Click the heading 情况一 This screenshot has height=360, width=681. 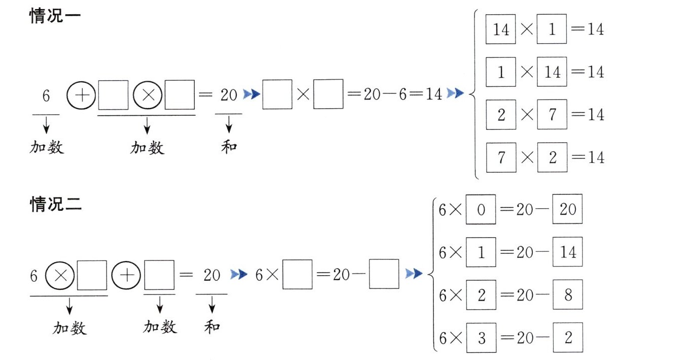tap(56, 16)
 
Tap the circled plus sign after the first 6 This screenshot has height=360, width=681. tap(81, 95)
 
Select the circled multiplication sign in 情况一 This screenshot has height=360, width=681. tap(148, 95)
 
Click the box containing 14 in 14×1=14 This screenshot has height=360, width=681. tap(501, 30)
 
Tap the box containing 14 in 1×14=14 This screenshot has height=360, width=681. tap(552, 72)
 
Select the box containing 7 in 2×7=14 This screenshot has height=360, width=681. tap(552, 115)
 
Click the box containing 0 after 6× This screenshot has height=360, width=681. tap(481, 210)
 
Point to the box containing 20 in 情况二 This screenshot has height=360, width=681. tap(567, 209)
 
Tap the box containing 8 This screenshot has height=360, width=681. tap(567, 294)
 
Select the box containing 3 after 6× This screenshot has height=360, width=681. tap(481, 338)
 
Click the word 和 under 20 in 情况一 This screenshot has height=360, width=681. tap(229, 147)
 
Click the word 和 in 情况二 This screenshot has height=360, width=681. tap(212, 327)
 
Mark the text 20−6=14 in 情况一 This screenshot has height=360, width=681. tap(403, 95)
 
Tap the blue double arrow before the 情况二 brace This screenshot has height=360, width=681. tap(414, 275)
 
